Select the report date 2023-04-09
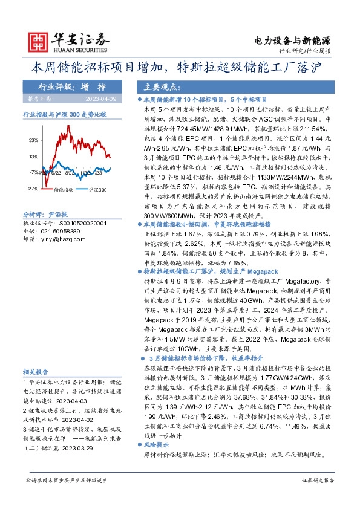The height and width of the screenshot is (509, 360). coord(105,98)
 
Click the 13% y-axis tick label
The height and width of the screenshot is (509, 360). coord(33,157)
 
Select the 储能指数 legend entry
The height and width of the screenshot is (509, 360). coord(64,190)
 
